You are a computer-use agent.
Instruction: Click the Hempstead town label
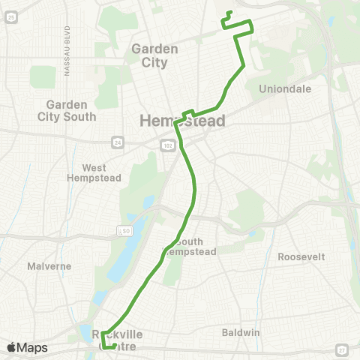click(x=183, y=121)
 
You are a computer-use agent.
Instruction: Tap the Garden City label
click(x=154, y=55)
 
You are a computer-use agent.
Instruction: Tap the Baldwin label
click(x=241, y=331)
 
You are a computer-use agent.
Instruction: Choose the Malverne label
click(x=49, y=265)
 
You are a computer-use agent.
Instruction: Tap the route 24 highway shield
click(x=118, y=140)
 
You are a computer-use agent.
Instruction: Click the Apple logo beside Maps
click(x=11, y=347)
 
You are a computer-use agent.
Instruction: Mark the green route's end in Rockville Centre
click(x=115, y=346)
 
